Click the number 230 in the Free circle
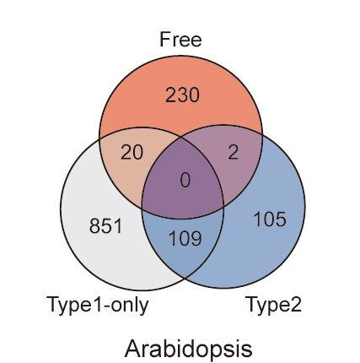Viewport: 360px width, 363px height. [x=182, y=95]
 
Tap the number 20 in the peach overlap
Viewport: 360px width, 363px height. [x=132, y=153]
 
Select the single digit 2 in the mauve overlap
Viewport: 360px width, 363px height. [x=234, y=153]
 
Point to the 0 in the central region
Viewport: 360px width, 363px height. [x=185, y=181]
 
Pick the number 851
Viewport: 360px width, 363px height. [x=106, y=225]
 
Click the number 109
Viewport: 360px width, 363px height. [x=185, y=238]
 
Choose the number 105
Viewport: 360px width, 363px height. [x=270, y=219]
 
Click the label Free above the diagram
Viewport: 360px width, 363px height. [x=180, y=40]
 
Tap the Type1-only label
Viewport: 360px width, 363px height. [x=98, y=305]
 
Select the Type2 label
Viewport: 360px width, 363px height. [x=273, y=305]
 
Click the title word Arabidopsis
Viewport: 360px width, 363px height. [x=188, y=349]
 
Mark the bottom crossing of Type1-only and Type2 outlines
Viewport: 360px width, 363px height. [x=185, y=278]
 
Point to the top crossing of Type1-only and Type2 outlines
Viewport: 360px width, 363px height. [x=180, y=137]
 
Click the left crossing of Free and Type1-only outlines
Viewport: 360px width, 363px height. [x=99, y=138]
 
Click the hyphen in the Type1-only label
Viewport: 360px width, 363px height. [x=107, y=306]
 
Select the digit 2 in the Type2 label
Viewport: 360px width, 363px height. [x=295, y=304]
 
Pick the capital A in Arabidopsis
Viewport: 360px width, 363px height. [x=132, y=349]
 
